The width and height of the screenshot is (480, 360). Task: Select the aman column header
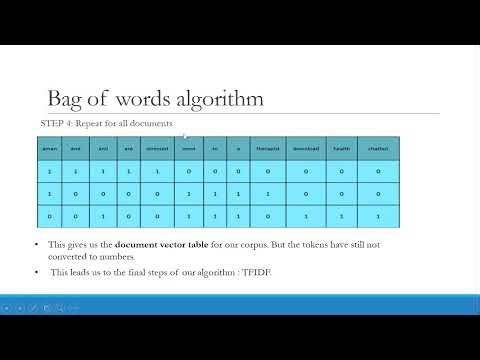click(x=49, y=148)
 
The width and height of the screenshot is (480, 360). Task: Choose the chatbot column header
click(x=377, y=148)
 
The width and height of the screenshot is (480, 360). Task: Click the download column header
click(x=305, y=148)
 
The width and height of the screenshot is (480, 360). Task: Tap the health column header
click(x=341, y=148)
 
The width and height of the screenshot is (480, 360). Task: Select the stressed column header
click(x=157, y=148)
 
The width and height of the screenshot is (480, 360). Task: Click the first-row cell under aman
click(x=49, y=171)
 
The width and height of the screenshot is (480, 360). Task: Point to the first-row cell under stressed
click(x=157, y=171)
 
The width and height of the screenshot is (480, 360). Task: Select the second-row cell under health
click(x=341, y=193)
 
